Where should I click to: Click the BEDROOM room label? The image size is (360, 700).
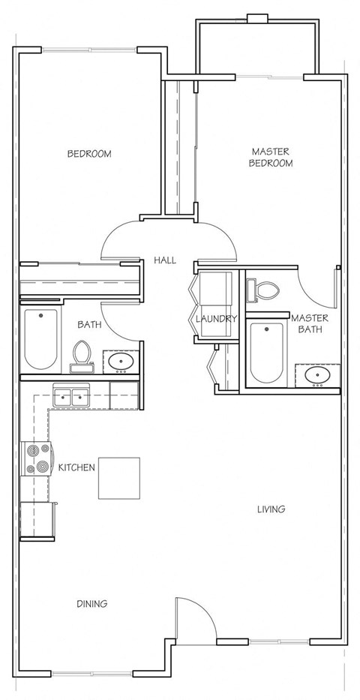(x=89, y=154)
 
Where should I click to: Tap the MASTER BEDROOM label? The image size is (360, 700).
(x=271, y=157)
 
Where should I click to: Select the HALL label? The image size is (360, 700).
(x=165, y=260)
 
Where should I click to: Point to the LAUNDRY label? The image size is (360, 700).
(x=216, y=319)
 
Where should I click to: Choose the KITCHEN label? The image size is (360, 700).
(x=77, y=467)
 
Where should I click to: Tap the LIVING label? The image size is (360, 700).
(x=271, y=509)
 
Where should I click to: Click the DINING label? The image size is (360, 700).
(x=91, y=603)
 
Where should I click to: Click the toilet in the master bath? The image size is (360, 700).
(x=265, y=289)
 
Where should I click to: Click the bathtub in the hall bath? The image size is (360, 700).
(x=40, y=340)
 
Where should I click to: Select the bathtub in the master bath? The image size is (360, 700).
(x=266, y=353)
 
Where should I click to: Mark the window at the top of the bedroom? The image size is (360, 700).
(x=89, y=50)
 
